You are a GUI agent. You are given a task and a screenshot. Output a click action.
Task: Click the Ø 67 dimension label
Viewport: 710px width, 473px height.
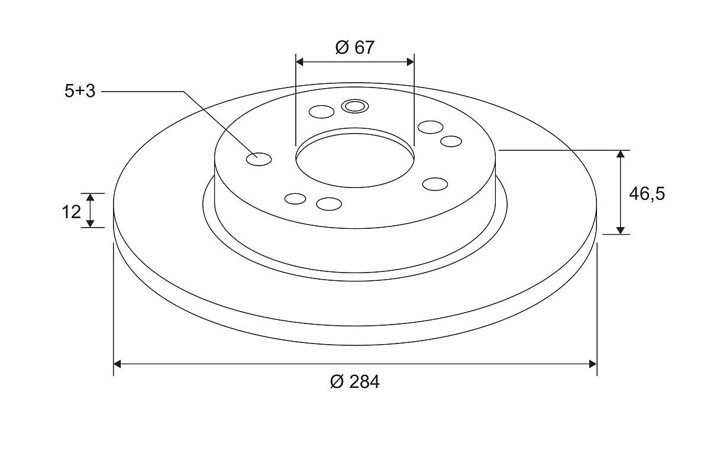click(x=354, y=47)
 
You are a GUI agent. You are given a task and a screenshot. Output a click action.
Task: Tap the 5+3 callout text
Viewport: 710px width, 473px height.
click(x=80, y=91)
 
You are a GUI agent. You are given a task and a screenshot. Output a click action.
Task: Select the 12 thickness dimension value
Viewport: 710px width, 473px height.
click(x=72, y=212)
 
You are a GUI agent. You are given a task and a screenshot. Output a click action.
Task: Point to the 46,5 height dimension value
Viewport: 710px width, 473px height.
click(x=647, y=194)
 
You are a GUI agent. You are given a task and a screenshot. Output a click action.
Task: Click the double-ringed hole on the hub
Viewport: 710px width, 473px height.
click(x=354, y=106)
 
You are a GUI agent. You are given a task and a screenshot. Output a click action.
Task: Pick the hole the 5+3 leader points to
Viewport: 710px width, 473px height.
click(x=259, y=160)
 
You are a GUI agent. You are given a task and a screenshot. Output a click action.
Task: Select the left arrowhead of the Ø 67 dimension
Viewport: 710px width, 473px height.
click(x=299, y=62)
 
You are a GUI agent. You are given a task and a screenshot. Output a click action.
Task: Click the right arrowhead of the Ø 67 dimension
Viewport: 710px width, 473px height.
click(x=411, y=62)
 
